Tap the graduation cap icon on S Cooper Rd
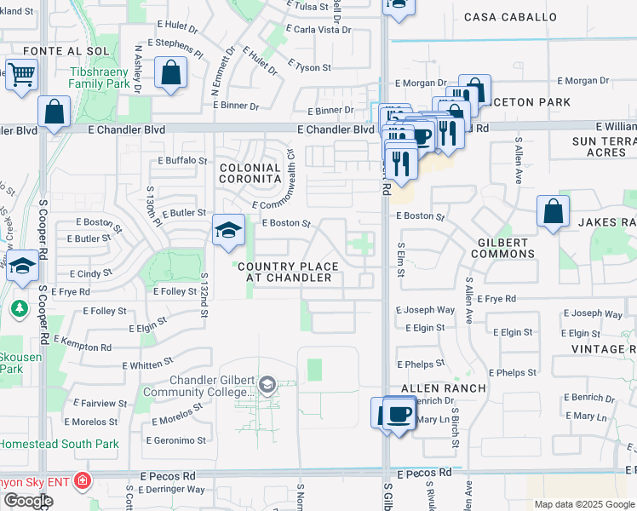[22, 267]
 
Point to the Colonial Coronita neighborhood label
[250, 174]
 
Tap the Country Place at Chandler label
[288, 273]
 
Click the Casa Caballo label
[511, 17]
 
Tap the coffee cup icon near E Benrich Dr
[399, 415]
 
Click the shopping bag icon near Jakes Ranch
[553, 213]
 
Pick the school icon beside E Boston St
[228, 231]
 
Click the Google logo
[28, 501]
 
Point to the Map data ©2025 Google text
[584, 504]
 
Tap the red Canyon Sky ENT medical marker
[82, 481]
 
